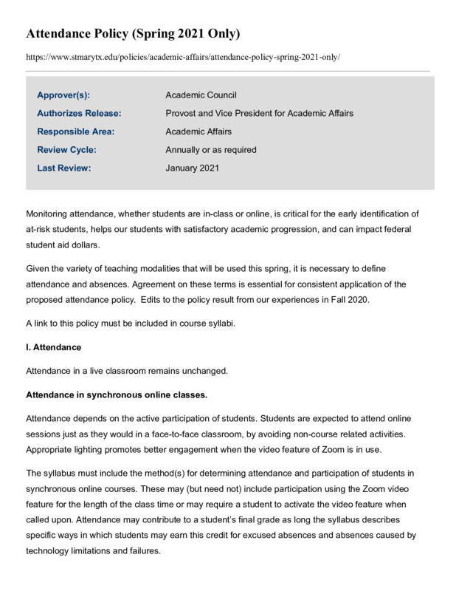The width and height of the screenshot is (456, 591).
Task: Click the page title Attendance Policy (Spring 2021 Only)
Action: (x=133, y=34)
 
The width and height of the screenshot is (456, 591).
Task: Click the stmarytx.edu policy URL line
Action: (x=183, y=57)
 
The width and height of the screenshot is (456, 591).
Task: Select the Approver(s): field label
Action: (x=68, y=95)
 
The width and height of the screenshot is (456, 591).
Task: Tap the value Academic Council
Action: (x=201, y=95)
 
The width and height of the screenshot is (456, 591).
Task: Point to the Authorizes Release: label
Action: (x=79, y=114)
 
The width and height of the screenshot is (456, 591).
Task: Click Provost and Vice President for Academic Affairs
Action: (x=259, y=114)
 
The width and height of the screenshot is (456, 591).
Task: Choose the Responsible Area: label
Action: (x=76, y=131)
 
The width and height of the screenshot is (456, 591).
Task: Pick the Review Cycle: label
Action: (x=66, y=150)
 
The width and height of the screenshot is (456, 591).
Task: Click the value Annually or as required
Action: (x=211, y=150)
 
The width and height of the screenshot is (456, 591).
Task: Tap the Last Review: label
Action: (x=64, y=168)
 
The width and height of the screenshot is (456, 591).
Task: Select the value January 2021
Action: (x=192, y=168)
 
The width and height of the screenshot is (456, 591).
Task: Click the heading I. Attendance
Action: (x=53, y=346)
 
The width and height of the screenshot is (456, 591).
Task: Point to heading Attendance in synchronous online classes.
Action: (x=117, y=392)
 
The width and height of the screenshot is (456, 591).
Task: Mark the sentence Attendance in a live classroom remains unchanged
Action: (x=128, y=369)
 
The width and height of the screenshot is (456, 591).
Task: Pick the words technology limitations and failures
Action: (x=93, y=551)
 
